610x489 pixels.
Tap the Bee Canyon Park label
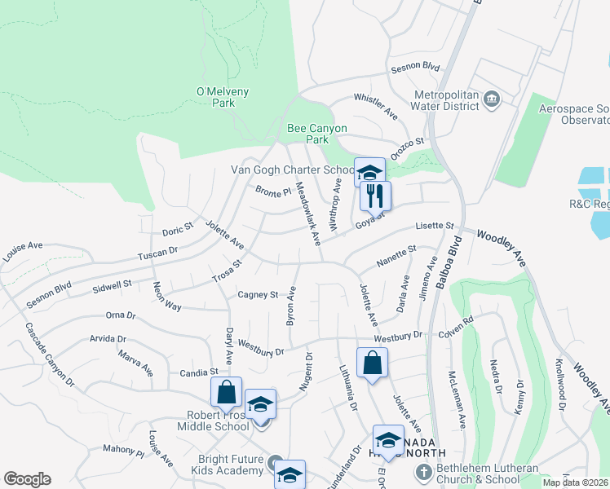pos(317,134)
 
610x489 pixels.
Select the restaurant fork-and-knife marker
pos(374,196)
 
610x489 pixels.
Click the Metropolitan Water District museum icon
pos(492,99)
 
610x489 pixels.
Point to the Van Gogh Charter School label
pos(293,170)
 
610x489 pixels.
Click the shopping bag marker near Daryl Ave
pos(226,392)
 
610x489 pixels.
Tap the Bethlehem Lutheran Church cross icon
pos(422,472)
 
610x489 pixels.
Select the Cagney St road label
pos(258,294)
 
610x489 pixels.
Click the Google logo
pos(27,479)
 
